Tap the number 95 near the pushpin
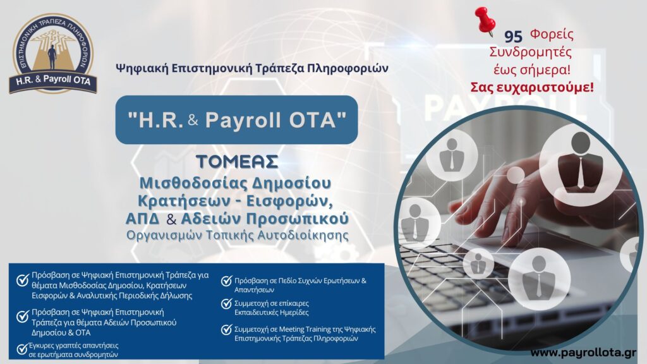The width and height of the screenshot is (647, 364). click(x=513, y=36)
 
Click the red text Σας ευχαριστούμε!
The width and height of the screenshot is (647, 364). click(x=532, y=87)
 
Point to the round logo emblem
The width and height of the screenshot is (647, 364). click(x=53, y=53)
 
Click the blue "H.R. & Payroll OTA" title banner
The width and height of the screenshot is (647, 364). click(x=236, y=119)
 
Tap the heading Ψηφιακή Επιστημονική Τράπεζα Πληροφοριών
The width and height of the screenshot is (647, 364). click(x=251, y=68)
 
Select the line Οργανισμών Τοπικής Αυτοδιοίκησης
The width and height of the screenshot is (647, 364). click(x=238, y=235)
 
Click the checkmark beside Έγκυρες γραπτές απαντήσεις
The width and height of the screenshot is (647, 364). click(x=22, y=349)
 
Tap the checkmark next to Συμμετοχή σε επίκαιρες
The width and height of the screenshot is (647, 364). click(x=227, y=304)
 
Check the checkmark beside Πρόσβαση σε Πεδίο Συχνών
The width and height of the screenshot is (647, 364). click(x=227, y=281)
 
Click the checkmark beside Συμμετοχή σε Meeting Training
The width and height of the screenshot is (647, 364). click(x=227, y=330)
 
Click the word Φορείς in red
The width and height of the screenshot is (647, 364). click(x=552, y=34)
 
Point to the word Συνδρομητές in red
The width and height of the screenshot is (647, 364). click(x=531, y=52)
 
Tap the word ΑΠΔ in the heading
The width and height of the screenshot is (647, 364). click(x=142, y=219)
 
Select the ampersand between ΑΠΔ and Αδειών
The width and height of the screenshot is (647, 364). click(x=171, y=219)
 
